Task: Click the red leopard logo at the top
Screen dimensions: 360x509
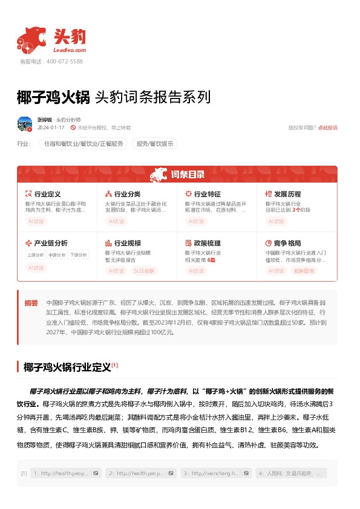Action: click(32, 39)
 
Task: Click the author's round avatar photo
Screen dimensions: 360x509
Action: click(25, 124)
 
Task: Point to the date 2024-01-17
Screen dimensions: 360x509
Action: click(51, 128)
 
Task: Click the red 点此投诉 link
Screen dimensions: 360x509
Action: click(328, 128)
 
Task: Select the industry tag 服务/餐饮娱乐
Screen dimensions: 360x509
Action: click(155, 144)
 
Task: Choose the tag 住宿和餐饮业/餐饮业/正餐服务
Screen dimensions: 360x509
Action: click(83, 144)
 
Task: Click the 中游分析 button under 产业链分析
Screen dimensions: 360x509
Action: click(56, 255)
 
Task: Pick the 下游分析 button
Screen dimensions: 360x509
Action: click(77, 255)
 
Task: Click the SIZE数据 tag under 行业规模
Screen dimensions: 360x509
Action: click(143, 270)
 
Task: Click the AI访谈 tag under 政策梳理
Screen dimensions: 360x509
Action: click(196, 270)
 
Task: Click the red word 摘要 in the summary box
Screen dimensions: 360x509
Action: click(31, 302)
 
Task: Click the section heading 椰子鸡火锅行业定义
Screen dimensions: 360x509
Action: click(67, 367)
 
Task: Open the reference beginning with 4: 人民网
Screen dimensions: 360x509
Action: click(292, 473)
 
